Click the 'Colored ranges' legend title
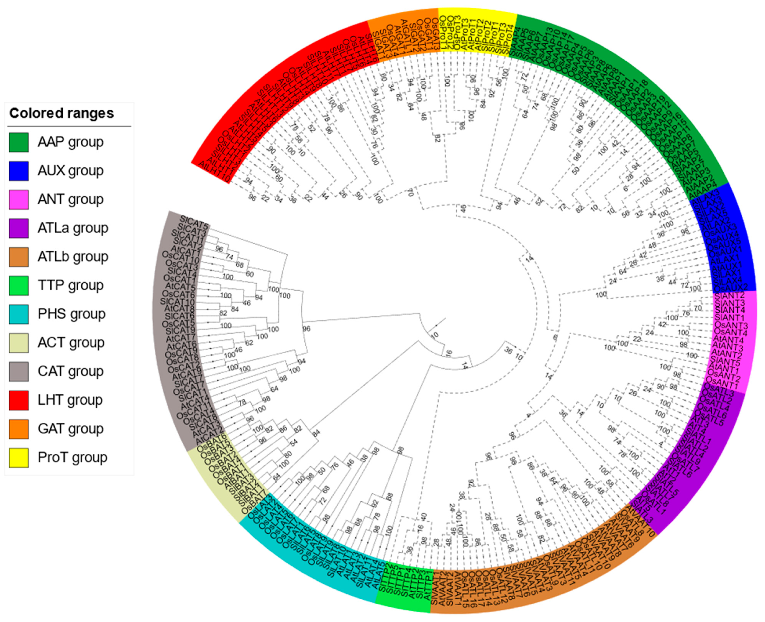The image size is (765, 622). point(61,113)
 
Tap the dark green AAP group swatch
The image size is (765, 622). point(19,142)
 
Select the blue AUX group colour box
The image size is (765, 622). point(19,171)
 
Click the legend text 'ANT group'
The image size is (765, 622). point(71,199)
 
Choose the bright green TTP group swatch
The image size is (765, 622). point(19,285)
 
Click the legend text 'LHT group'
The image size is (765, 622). point(70,400)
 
